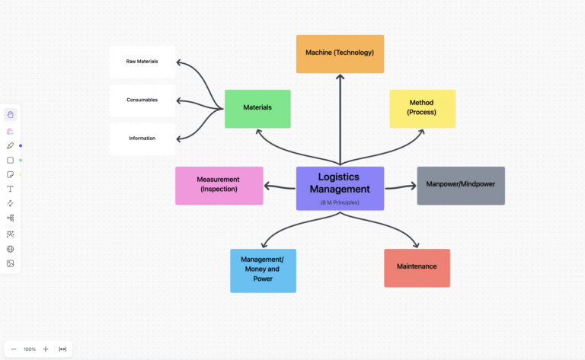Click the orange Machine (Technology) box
[340, 53]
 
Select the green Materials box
[257, 108]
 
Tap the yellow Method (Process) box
[422, 108]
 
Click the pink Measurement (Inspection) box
[219, 185]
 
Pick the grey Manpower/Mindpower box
[460, 185]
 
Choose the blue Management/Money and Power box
[263, 270]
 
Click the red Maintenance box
[417, 267]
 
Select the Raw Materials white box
[142, 62]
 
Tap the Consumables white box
[142, 100]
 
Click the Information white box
[142, 139]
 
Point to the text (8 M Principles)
[340, 202]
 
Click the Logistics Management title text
[340, 183]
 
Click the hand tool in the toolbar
[11, 114]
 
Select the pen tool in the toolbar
[11, 145]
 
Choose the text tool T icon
[11, 189]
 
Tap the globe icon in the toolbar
[11, 249]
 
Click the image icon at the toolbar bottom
[11, 263]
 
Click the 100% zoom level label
[30, 349]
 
